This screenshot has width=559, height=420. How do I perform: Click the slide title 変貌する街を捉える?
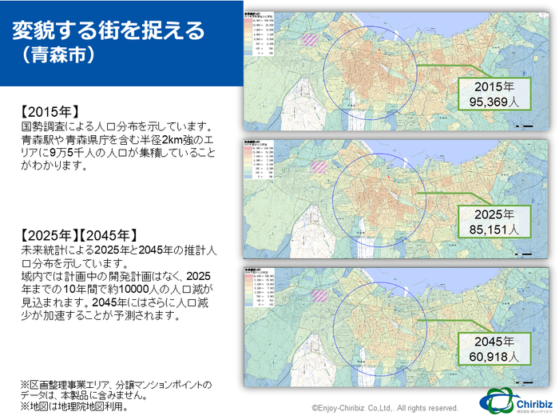point(108,30)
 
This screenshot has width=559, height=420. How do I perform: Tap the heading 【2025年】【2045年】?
point(77,235)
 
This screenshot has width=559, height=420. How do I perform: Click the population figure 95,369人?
point(494,102)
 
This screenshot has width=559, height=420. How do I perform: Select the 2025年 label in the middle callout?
point(494,215)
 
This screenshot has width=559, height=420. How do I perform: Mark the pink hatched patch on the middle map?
point(319,166)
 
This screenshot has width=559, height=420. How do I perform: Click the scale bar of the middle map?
point(525,254)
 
